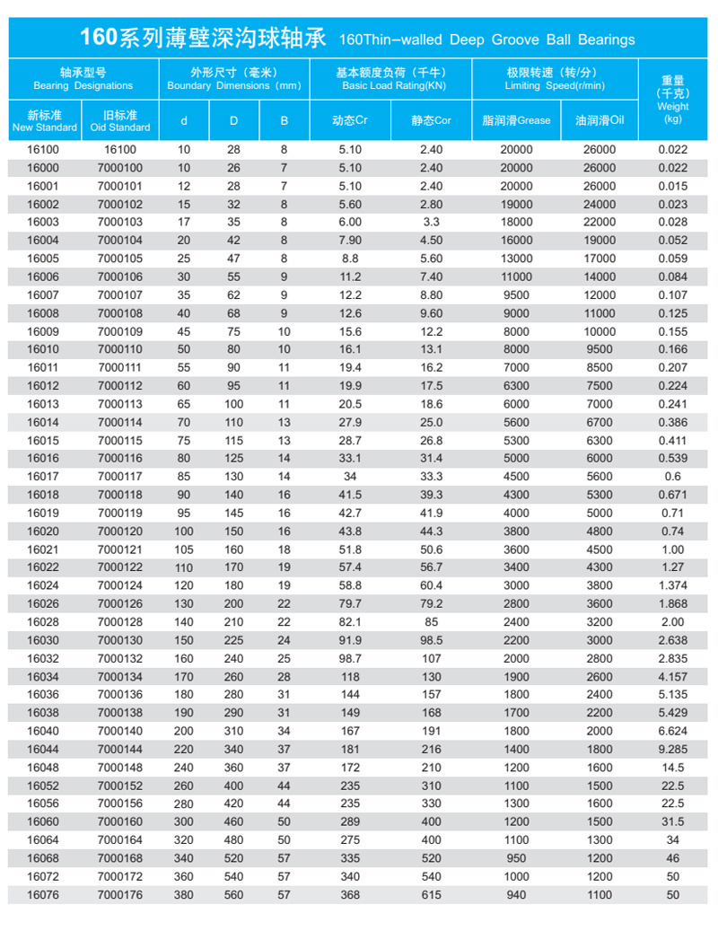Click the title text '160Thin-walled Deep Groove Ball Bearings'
pyautogui.click(x=487, y=40)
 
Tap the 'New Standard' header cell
pyautogui.click(x=44, y=121)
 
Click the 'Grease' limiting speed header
pyautogui.click(x=516, y=120)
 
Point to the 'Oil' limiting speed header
pyautogui.click(x=600, y=120)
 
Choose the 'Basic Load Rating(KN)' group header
pyautogui.click(x=391, y=79)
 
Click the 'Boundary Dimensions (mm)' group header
pyautogui.click(x=234, y=79)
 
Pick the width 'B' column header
pyautogui.click(x=285, y=120)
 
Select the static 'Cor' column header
pyautogui.click(x=432, y=120)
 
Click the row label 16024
pyautogui.click(x=43, y=585)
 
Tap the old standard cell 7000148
pyautogui.click(x=119, y=768)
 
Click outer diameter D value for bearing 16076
pyautogui.click(x=233, y=894)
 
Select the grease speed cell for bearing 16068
pyautogui.click(x=516, y=858)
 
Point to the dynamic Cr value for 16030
pyautogui.click(x=350, y=640)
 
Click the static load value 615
pyautogui.click(x=432, y=894)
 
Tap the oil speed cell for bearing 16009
pyautogui.click(x=600, y=331)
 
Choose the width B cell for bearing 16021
pyautogui.click(x=285, y=549)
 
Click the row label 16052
pyautogui.click(x=43, y=786)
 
